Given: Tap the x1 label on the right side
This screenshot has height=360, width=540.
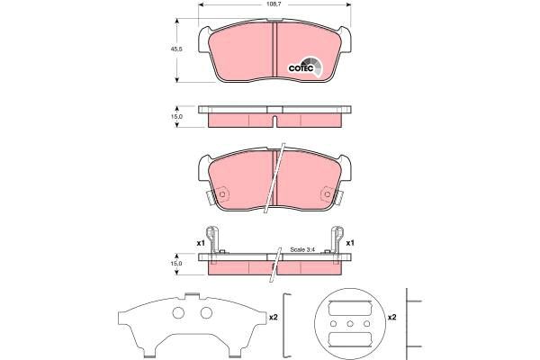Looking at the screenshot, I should tap(350, 243).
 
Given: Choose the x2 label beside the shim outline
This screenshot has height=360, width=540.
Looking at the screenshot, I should tap(273, 316).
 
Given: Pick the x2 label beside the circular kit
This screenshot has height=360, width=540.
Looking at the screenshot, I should tap(391, 316).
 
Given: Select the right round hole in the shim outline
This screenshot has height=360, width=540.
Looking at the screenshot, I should tap(206, 313).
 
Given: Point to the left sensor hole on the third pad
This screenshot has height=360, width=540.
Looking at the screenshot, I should tap(221, 192).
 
